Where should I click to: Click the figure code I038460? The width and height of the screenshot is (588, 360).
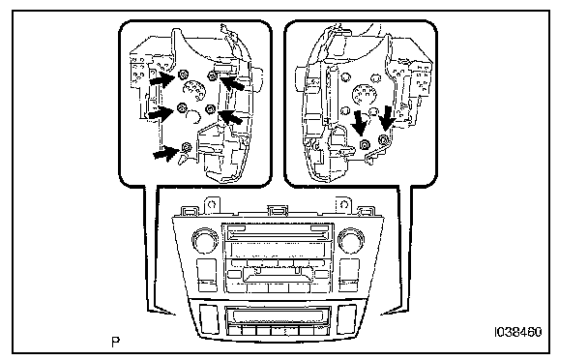click(x=518, y=332)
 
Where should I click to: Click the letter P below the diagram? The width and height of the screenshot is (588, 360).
click(x=116, y=342)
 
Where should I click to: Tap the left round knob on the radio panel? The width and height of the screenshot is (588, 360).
click(x=205, y=239)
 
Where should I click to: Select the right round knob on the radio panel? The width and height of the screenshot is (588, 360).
click(x=351, y=239)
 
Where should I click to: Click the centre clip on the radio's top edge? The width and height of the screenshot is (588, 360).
click(x=278, y=211)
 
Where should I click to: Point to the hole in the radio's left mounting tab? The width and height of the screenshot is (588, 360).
click(x=212, y=204)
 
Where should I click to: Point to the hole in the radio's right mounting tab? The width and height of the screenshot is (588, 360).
click(x=344, y=204)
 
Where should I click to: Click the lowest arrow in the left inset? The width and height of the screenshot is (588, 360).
click(x=165, y=153)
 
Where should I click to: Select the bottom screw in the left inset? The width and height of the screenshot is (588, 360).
click(x=187, y=147)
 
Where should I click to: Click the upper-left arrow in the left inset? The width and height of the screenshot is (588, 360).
click(x=162, y=79)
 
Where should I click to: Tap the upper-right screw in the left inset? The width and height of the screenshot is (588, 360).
click(x=212, y=76)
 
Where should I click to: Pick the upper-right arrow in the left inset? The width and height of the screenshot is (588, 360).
click(x=232, y=82)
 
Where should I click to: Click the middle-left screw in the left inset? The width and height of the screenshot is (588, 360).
click(x=182, y=107)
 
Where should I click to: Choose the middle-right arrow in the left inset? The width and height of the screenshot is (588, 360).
click(x=230, y=116)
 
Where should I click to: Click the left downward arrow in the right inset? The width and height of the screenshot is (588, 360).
click(x=360, y=123)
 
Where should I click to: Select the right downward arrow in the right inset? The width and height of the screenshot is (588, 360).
click(x=387, y=118)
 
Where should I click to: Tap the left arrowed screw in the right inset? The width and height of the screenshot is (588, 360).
click(x=365, y=145)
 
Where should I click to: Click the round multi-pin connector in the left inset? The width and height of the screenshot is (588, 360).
click(x=194, y=90)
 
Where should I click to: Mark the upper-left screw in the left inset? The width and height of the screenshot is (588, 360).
click(x=183, y=75)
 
